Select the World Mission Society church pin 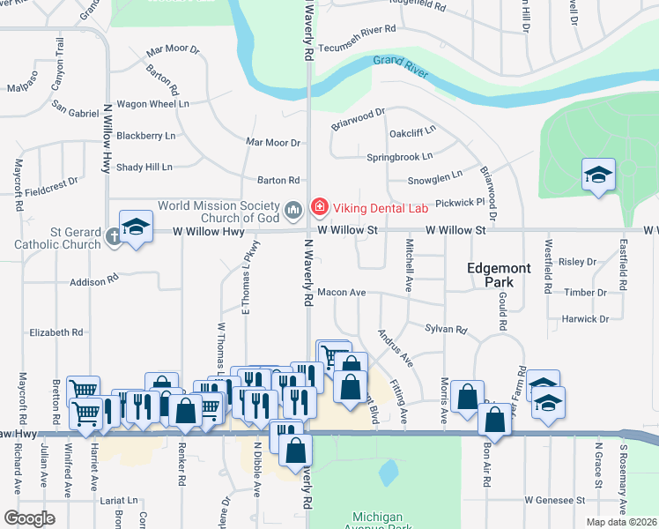point(294,209)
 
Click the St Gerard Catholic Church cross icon point(113,235)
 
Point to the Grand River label point(400,65)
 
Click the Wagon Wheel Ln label point(153,103)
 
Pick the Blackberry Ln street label point(146,136)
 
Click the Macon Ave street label point(341,292)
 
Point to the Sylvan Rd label point(446,329)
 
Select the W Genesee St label point(555,500)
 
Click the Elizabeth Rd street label point(56,332)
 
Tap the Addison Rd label point(93,280)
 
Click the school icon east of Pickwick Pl point(598,175)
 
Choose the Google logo point(29,518)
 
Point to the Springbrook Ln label point(399,157)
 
